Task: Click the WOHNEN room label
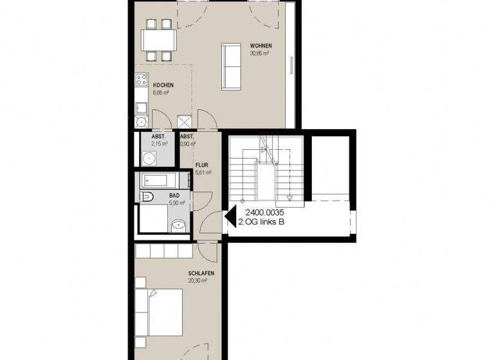point(261,46)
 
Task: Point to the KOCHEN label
point(163,85)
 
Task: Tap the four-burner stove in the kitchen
point(141,80)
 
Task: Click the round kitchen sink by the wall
point(141,120)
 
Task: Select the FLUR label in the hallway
point(203,165)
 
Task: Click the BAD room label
point(174,195)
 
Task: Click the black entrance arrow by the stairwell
point(229,218)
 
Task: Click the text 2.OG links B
point(261,222)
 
